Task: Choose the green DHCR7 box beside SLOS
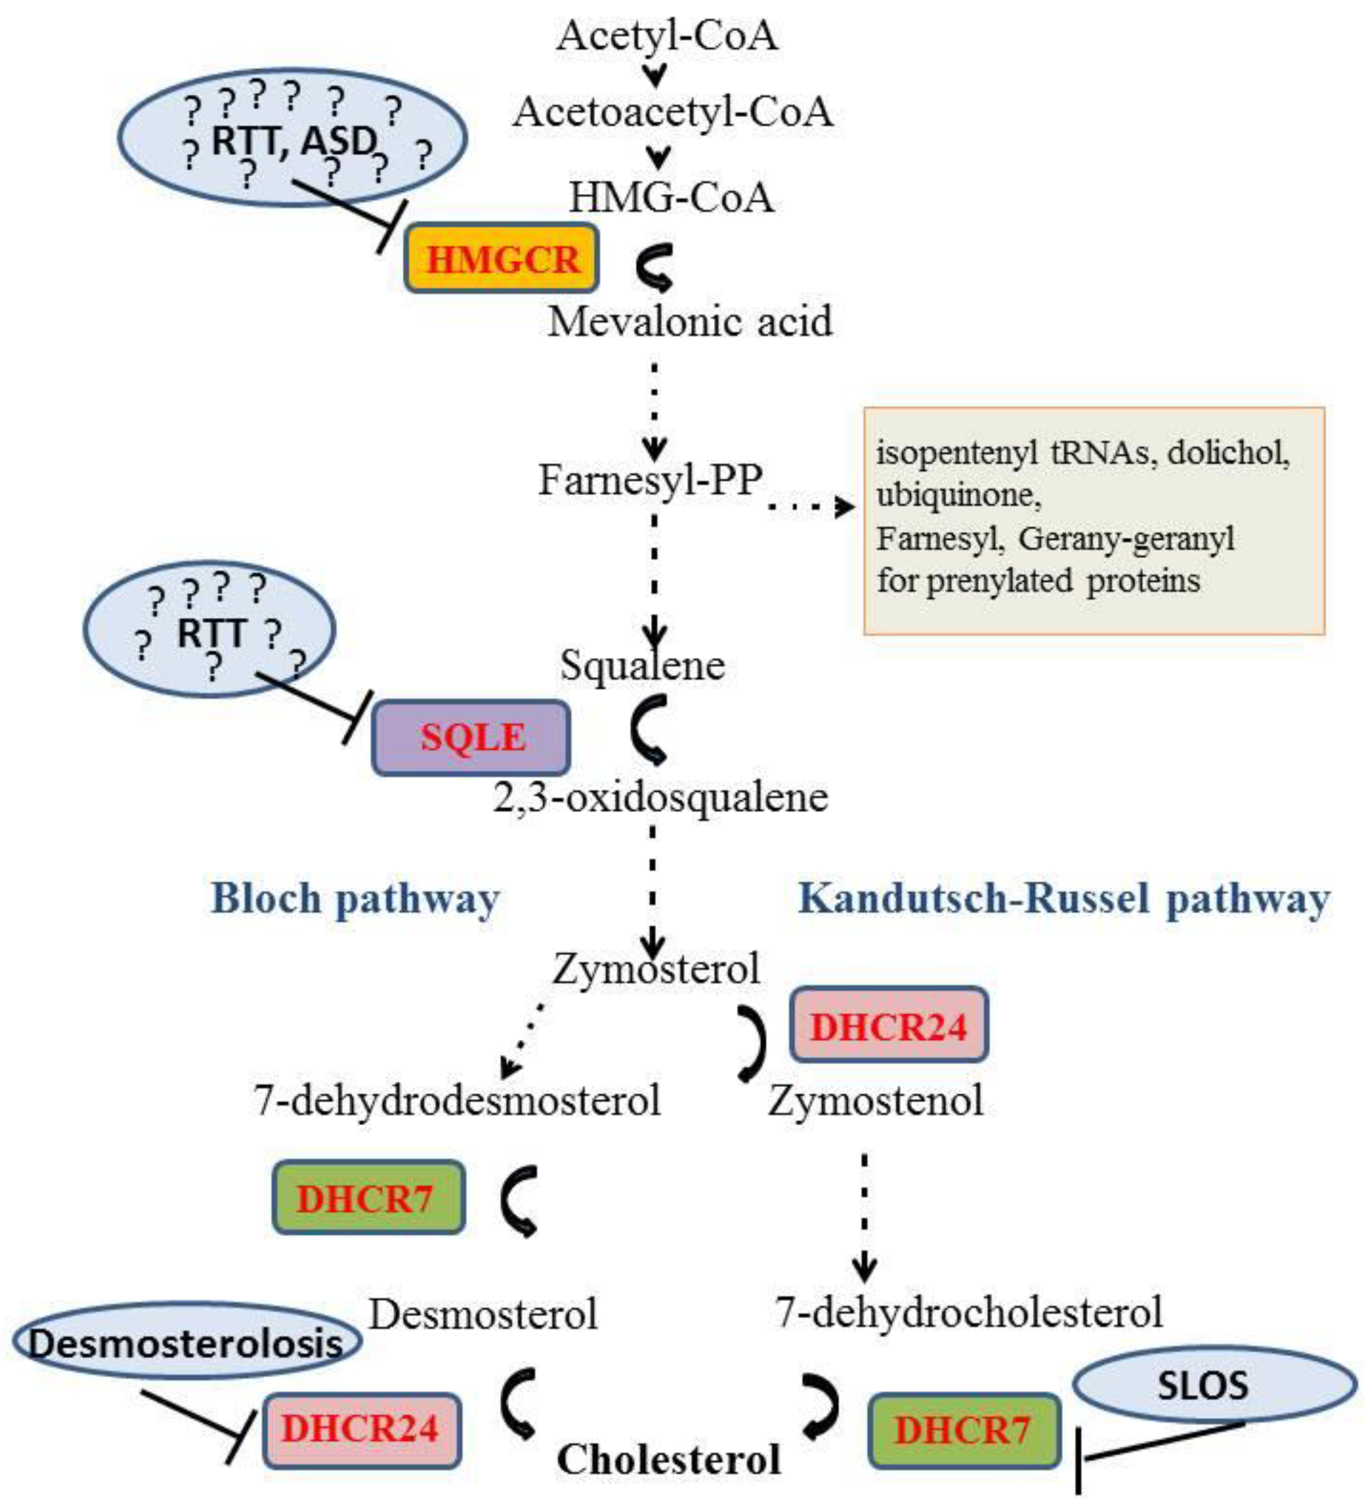964,1430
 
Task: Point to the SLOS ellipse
1214,1384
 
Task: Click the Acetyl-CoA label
666,35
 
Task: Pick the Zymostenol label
875,1101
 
